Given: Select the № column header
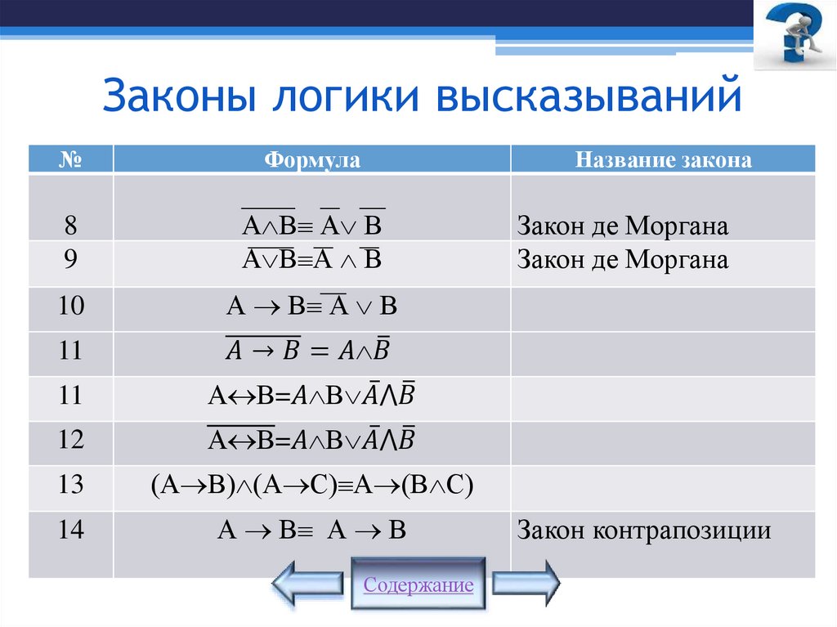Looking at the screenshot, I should click(x=71, y=159).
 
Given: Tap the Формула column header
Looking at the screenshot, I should click(x=312, y=159).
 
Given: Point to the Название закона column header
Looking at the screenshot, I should click(x=663, y=159).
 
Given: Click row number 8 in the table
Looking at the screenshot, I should click(x=71, y=225).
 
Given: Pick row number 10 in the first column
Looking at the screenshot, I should click(x=71, y=307).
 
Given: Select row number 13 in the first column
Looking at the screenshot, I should click(x=71, y=485).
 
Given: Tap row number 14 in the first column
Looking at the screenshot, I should click(x=71, y=530).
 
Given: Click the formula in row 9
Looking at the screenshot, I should click(x=312, y=262).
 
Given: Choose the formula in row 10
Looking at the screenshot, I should click(x=312, y=307).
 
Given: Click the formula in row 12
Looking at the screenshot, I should click(x=312, y=441).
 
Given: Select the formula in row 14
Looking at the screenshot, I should click(x=312, y=531).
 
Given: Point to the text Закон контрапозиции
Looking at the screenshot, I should click(x=644, y=531).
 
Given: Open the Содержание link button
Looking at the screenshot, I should click(x=418, y=584).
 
